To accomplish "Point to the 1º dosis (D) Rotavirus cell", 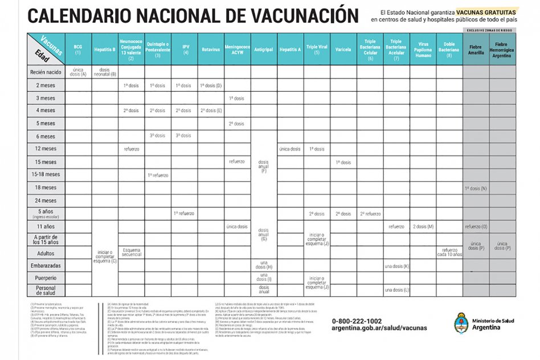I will pyautogui.click(x=210, y=85).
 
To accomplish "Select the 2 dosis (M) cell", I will pyautogui.click(x=423, y=227).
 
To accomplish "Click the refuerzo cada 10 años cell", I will pyautogui.click(x=449, y=252).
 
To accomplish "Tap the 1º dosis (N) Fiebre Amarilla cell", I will pyautogui.click(x=475, y=188).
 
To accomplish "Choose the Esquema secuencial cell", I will pyautogui.click(x=131, y=252).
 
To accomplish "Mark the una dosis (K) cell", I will pyautogui.click(x=396, y=266).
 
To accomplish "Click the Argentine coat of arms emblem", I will pyautogui.click(x=461, y=325).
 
